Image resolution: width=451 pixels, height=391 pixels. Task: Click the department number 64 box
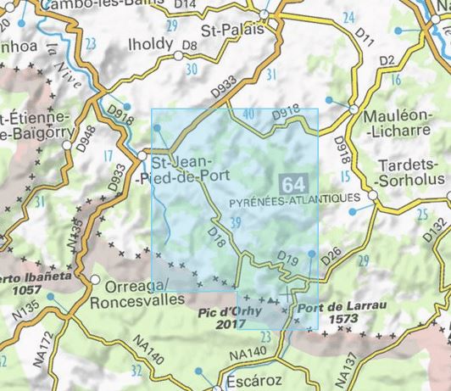(293, 184)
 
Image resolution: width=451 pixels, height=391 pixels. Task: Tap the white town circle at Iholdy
(178, 56)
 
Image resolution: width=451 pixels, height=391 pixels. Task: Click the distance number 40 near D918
(248, 115)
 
